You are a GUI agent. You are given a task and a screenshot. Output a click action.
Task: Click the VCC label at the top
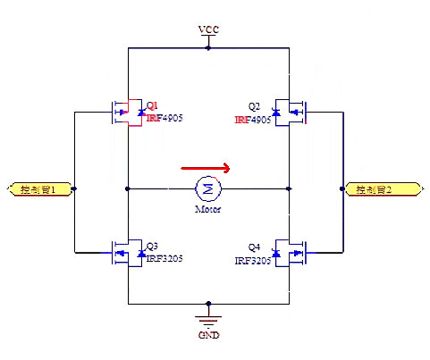208,29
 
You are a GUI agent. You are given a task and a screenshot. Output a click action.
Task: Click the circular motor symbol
208,188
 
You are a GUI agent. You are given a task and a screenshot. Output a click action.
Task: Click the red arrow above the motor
206,166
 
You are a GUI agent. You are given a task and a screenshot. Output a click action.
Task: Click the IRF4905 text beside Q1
164,117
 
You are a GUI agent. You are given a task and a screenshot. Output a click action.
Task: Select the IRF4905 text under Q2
254,118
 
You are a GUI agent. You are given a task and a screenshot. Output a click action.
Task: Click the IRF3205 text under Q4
254,261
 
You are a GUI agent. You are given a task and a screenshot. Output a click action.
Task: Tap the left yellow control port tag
38,189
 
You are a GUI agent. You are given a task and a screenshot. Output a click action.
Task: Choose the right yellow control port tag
383,189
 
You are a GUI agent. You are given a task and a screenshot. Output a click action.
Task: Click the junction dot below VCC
208,47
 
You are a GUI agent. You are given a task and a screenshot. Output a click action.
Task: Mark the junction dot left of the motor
129,188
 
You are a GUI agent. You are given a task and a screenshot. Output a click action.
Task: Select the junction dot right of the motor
288,188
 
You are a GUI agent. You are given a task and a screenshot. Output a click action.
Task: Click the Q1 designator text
152,105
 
